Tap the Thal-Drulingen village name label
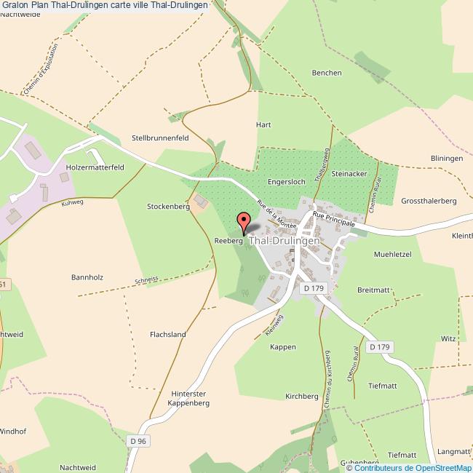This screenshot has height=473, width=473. pos(285,240)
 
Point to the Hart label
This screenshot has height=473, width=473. pos(263,124)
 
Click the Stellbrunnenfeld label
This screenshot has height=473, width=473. pos(160,137)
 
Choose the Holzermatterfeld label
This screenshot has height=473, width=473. pos(95,167)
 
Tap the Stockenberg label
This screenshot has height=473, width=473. pos(168,207)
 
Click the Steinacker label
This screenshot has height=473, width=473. pos(349,175)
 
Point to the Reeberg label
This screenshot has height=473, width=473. pos(228,239)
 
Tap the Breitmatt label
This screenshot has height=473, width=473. pos(374,290)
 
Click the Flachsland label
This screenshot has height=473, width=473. pos(167,335)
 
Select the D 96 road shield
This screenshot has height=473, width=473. pos(138,441)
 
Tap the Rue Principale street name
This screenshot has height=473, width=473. pos(333,219)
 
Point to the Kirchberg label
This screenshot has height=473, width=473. pos(302,397)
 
